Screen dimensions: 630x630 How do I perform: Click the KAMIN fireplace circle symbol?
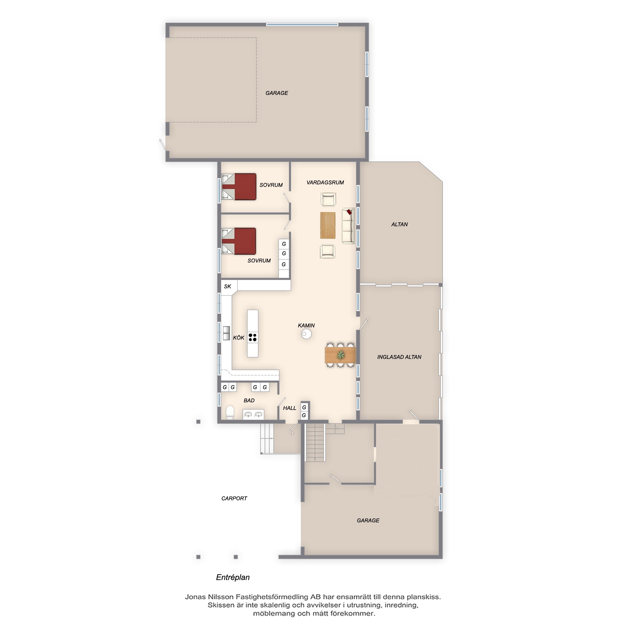pyautogui.click(x=306, y=334)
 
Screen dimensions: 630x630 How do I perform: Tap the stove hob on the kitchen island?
pyautogui.click(x=252, y=337)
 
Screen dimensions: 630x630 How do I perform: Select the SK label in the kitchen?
pyautogui.click(x=228, y=286)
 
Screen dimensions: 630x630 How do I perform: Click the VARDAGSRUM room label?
pyautogui.click(x=325, y=183)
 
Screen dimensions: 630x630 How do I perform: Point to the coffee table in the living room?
pyautogui.click(x=328, y=225)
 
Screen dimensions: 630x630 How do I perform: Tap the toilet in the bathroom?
pyautogui.click(x=230, y=413)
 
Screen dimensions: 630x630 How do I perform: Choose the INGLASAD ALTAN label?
pyautogui.click(x=399, y=357)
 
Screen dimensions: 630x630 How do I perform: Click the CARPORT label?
pyautogui.click(x=234, y=498)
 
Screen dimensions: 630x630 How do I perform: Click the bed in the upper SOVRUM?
pyautogui.click(x=239, y=186)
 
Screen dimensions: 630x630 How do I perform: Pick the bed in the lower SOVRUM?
pyautogui.click(x=239, y=241)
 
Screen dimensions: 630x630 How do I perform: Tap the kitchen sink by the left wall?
pyautogui.click(x=226, y=333)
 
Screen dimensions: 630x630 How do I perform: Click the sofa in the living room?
pyautogui.click(x=348, y=226)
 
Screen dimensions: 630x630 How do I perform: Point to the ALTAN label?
pyautogui.click(x=399, y=224)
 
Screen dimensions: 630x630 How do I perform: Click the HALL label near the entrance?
pyautogui.click(x=289, y=408)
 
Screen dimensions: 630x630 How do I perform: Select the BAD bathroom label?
pyautogui.click(x=249, y=400)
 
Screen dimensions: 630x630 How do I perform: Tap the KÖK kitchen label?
pyautogui.click(x=239, y=338)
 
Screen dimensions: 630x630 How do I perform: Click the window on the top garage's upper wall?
pyautogui.click(x=302, y=25)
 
